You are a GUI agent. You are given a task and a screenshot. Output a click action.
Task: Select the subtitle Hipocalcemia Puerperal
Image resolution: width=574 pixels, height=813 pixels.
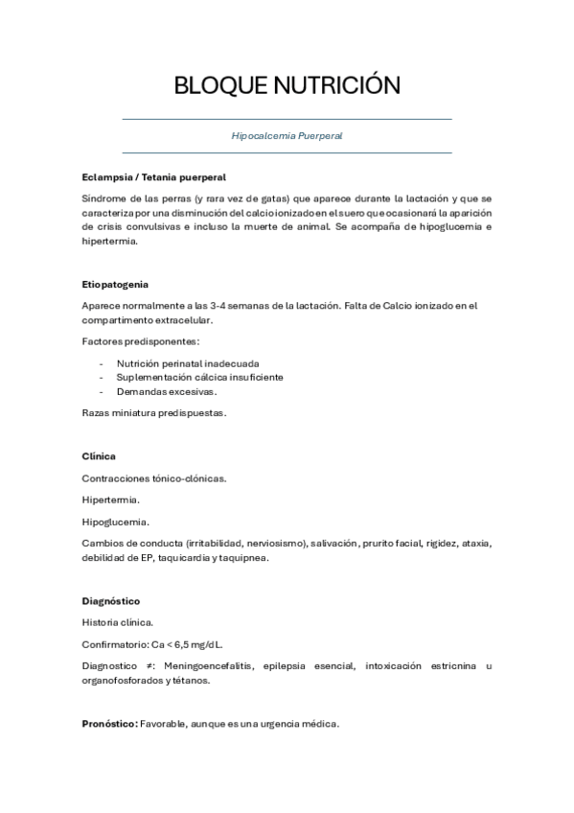[x=287, y=136]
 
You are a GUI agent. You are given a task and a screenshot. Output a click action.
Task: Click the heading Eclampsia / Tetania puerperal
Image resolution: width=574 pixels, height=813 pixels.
[x=153, y=177]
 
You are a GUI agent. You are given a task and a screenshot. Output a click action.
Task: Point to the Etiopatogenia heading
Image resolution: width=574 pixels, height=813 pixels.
[x=115, y=285]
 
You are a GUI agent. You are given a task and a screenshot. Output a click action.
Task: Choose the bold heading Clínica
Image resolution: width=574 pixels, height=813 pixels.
[x=99, y=456]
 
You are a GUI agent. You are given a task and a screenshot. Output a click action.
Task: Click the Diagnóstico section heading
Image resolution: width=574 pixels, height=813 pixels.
[x=111, y=601]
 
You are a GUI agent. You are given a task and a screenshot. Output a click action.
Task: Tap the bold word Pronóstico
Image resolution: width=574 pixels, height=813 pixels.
[x=109, y=723]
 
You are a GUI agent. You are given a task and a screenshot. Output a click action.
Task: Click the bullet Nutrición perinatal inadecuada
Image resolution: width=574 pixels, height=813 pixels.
[x=188, y=363]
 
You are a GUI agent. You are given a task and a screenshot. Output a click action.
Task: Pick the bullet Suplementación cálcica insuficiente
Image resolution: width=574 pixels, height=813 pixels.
[x=199, y=378]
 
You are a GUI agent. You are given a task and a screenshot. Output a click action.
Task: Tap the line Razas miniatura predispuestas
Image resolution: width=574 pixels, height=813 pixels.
[x=153, y=413]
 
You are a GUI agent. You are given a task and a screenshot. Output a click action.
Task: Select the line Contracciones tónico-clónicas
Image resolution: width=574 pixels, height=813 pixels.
[x=154, y=478]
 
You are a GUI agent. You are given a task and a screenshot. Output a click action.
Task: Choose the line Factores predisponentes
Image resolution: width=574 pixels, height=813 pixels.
[x=141, y=341]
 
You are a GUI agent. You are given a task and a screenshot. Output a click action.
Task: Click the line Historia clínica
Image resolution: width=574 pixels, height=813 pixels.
[x=110, y=622]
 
